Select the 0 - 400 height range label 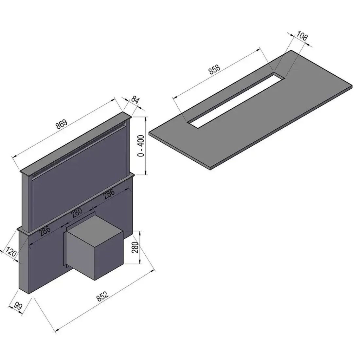click(x=141, y=146)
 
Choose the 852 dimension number click(x=103, y=296)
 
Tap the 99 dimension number click(x=18, y=306)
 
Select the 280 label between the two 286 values click(x=77, y=213)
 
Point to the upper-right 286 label click(x=109, y=193)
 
